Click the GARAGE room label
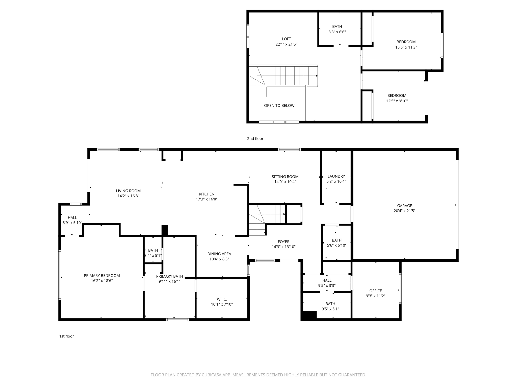tap(404, 206)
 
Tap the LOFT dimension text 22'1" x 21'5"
tap(286, 44)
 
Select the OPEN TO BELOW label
tap(279, 106)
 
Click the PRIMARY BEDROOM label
tap(102, 276)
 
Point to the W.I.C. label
tap(222, 299)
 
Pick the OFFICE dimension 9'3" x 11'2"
tap(375, 296)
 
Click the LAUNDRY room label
tap(336, 176)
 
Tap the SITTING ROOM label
tap(285, 177)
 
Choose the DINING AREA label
tap(219, 254)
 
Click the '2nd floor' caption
tap(255, 139)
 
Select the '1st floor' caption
tap(66, 336)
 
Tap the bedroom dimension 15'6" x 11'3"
tap(406, 47)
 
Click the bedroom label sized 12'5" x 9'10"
tap(397, 95)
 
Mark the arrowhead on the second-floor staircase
tap(317, 76)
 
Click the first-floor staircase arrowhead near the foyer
tap(284, 214)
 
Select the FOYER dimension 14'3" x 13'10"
tap(283, 247)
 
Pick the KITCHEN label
tap(206, 194)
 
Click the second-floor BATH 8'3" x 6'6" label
tap(337, 27)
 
